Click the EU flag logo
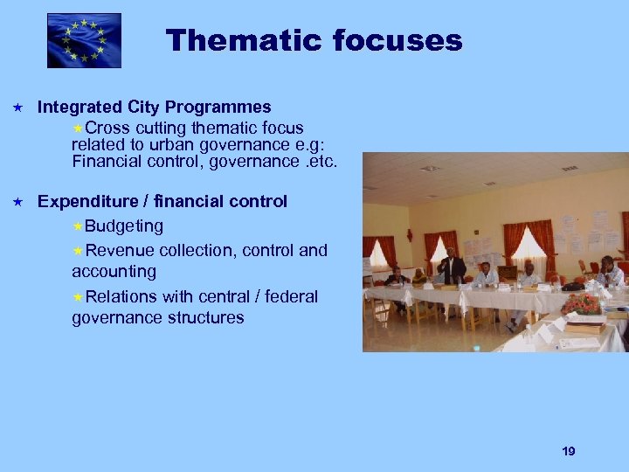click(x=84, y=40)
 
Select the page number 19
click(x=569, y=451)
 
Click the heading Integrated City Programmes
click(x=154, y=108)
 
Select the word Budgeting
click(x=124, y=226)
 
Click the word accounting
click(x=114, y=272)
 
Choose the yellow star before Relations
click(x=78, y=297)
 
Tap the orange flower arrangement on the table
click(x=581, y=303)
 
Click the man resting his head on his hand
click(x=610, y=272)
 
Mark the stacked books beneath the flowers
click(x=583, y=325)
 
